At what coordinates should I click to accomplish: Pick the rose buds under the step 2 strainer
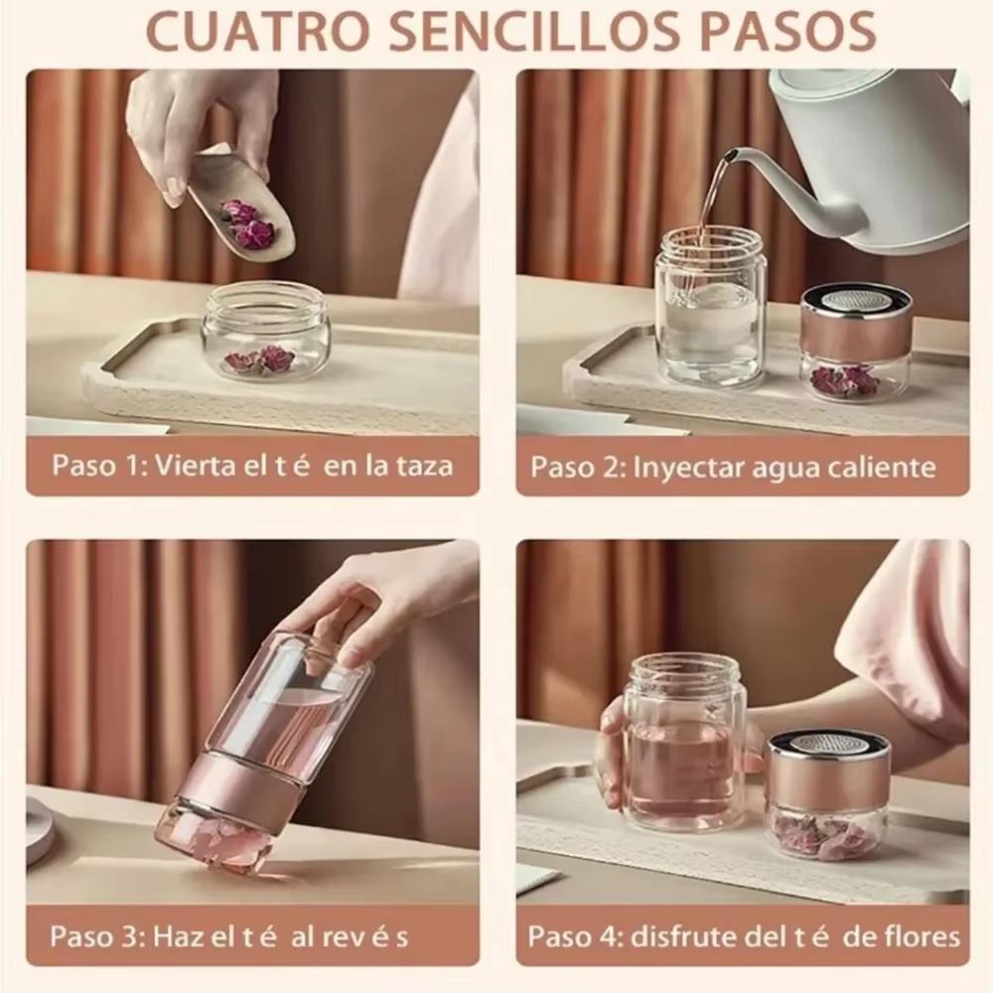tap(844, 379)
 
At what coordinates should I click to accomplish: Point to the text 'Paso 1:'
tap(97, 466)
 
